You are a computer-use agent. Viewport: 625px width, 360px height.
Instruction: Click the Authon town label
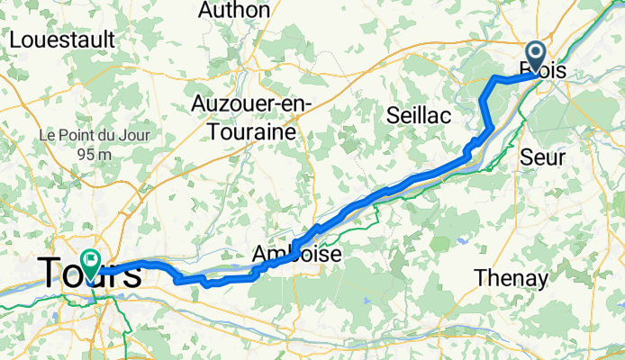(233, 11)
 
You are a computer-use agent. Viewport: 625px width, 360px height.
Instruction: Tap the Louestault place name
(61, 40)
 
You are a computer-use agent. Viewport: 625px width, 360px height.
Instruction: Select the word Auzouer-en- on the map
(251, 104)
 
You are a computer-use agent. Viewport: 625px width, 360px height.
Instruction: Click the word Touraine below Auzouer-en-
(251, 131)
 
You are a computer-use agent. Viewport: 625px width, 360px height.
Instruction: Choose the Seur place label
(543, 157)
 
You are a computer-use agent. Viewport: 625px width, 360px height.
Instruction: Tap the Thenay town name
(512, 279)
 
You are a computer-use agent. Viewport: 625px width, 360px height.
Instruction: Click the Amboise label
(297, 255)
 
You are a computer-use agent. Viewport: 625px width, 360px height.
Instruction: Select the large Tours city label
(88, 274)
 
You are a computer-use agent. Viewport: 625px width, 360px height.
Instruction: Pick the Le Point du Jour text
(86, 135)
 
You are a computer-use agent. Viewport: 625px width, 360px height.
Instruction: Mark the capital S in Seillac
(393, 115)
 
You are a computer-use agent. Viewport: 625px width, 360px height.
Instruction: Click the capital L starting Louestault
(14, 40)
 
